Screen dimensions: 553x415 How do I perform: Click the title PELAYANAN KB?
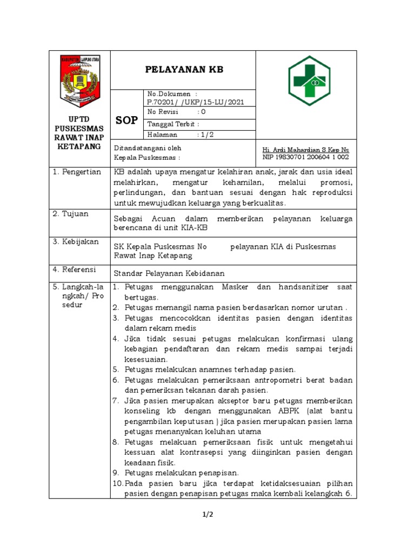184,70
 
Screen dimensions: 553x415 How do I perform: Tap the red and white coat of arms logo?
79,81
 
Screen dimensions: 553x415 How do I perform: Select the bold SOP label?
127,120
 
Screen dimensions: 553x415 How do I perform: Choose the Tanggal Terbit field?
173,124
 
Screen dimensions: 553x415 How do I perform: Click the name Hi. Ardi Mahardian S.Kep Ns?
305,149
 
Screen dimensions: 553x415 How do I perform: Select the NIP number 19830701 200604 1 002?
305,157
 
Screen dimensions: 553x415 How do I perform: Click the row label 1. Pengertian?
77,172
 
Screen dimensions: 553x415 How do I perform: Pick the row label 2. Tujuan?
71,214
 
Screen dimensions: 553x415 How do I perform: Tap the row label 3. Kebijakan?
76,242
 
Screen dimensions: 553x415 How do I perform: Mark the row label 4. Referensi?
74,269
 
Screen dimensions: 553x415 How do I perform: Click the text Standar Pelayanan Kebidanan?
169,273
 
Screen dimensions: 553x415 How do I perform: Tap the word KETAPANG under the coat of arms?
79,147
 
